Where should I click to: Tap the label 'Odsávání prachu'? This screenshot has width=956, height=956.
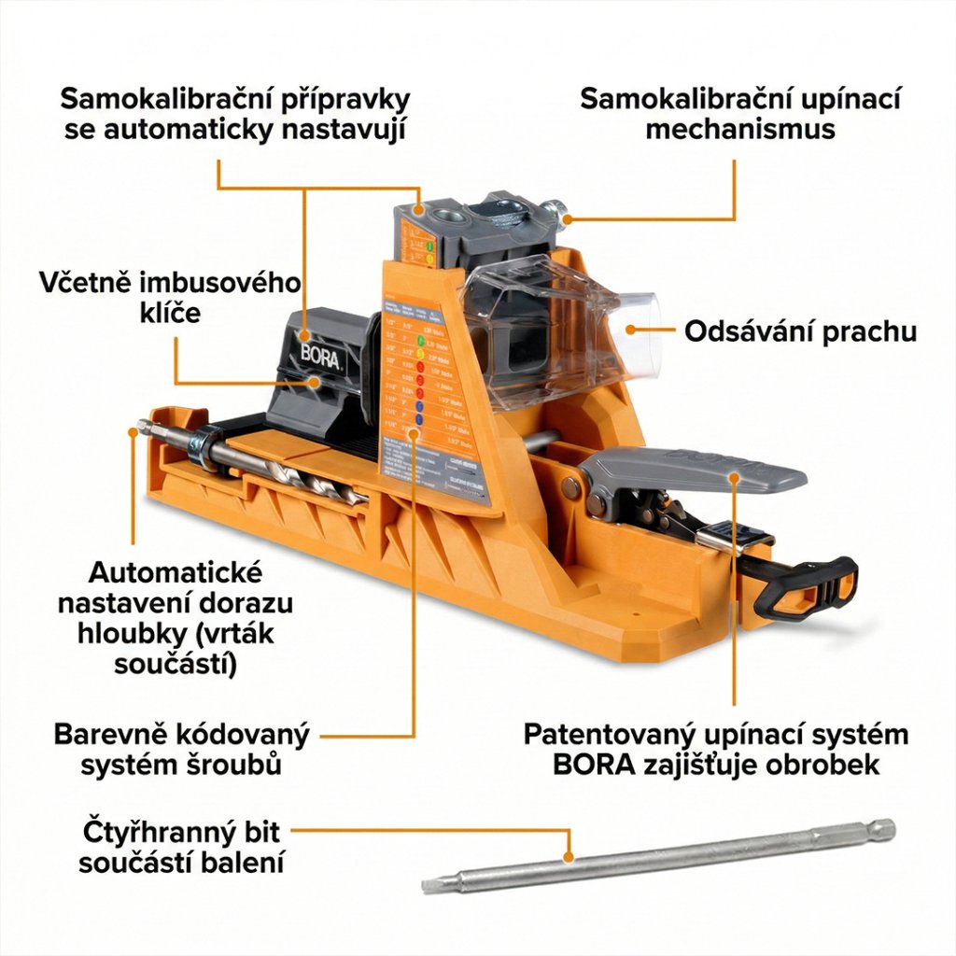(x=800, y=331)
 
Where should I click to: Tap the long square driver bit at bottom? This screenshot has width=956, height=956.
(x=654, y=854)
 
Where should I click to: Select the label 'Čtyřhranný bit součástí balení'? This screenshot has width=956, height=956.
(x=181, y=847)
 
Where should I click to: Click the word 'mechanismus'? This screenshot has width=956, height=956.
(x=739, y=129)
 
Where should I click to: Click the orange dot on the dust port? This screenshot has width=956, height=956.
(x=631, y=328)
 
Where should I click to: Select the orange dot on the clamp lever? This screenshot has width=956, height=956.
(x=736, y=478)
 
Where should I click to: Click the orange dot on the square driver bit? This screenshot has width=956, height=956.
(x=568, y=855)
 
